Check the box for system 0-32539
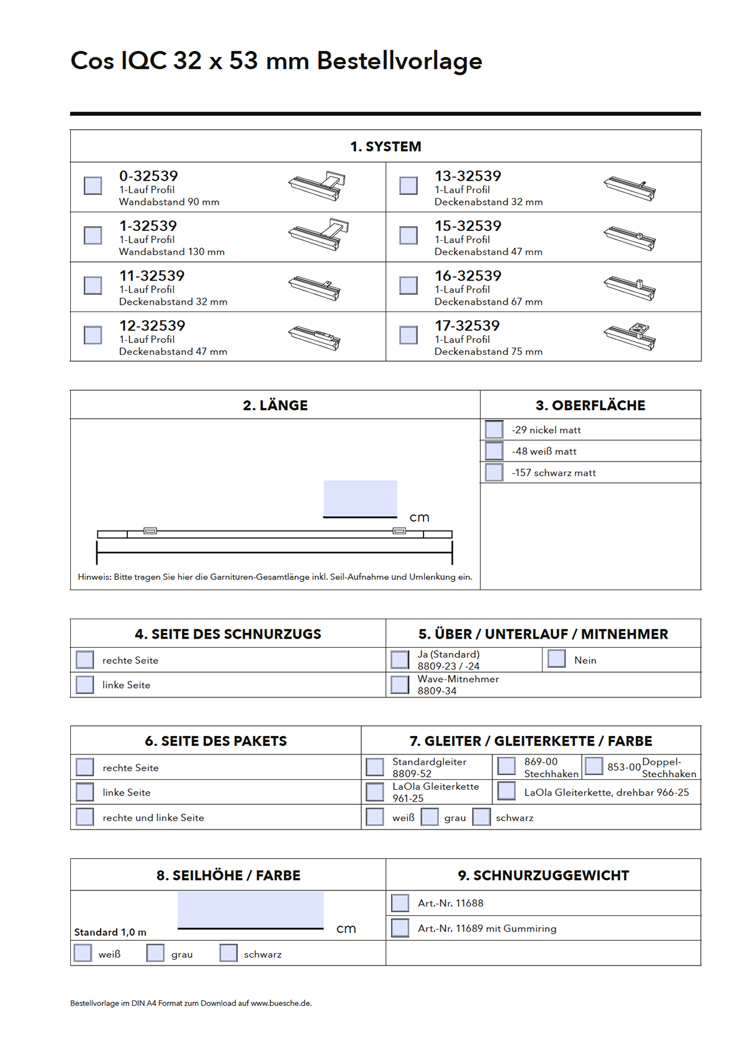(x=93, y=186)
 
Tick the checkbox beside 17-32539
(x=409, y=335)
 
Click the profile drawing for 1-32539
(x=318, y=235)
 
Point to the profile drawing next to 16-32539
(x=630, y=288)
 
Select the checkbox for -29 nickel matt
(x=494, y=429)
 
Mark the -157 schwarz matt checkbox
(x=494, y=472)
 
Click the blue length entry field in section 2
(x=360, y=498)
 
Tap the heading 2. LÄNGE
(x=275, y=405)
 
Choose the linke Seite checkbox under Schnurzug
(x=85, y=684)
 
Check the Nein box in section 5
(x=557, y=659)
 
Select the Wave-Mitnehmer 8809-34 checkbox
(x=400, y=684)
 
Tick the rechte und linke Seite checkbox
(x=85, y=817)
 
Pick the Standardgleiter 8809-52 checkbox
(x=375, y=767)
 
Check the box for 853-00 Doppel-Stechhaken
(x=594, y=766)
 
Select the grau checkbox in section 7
(x=430, y=817)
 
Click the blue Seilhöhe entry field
(x=250, y=909)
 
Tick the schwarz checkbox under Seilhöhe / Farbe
(x=228, y=953)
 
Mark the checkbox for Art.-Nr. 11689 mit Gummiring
(x=400, y=928)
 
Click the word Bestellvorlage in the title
(x=399, y=61)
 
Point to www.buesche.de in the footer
(x=281, y=1003)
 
